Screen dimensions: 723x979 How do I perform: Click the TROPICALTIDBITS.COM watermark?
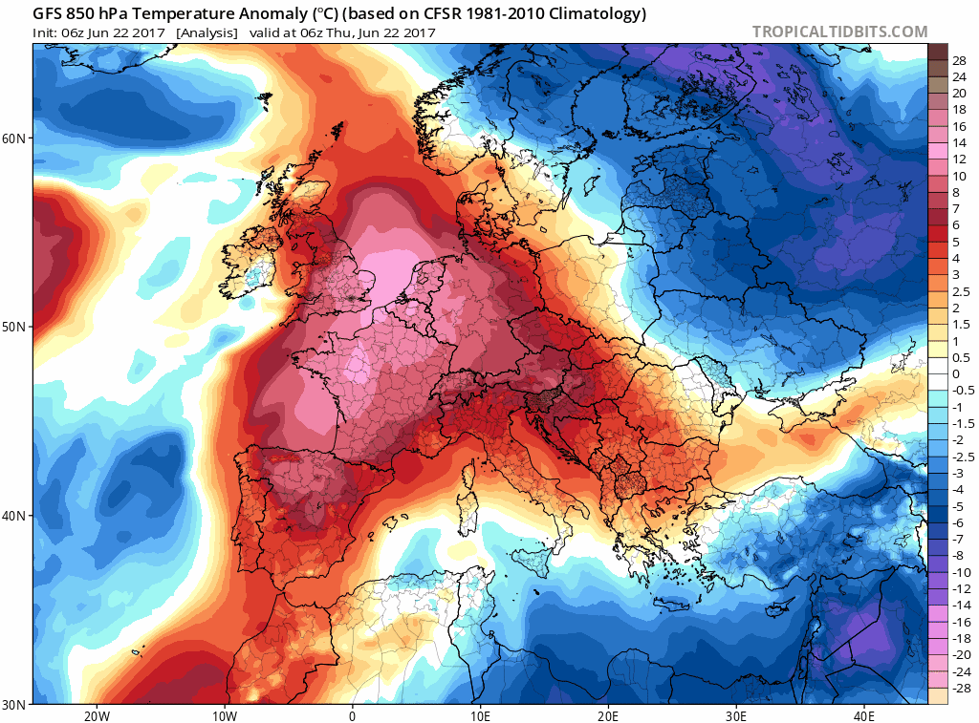point(839,32)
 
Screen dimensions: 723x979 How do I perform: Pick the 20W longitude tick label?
point(96,715)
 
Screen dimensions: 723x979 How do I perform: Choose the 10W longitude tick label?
point(224,715)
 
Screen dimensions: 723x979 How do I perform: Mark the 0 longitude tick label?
point(352,715)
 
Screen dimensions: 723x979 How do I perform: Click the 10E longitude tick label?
point(480,715)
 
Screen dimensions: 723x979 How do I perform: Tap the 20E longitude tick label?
point(608,715)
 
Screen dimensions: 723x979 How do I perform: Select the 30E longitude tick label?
point(736,715)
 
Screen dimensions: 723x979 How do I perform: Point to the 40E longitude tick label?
point(864,715)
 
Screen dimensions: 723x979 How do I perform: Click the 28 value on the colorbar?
point(960,59)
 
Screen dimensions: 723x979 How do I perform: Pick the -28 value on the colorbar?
point(960,688)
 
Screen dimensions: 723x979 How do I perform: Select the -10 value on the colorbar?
point(960,572)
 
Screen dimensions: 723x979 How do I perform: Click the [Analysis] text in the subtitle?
point(207,32)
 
